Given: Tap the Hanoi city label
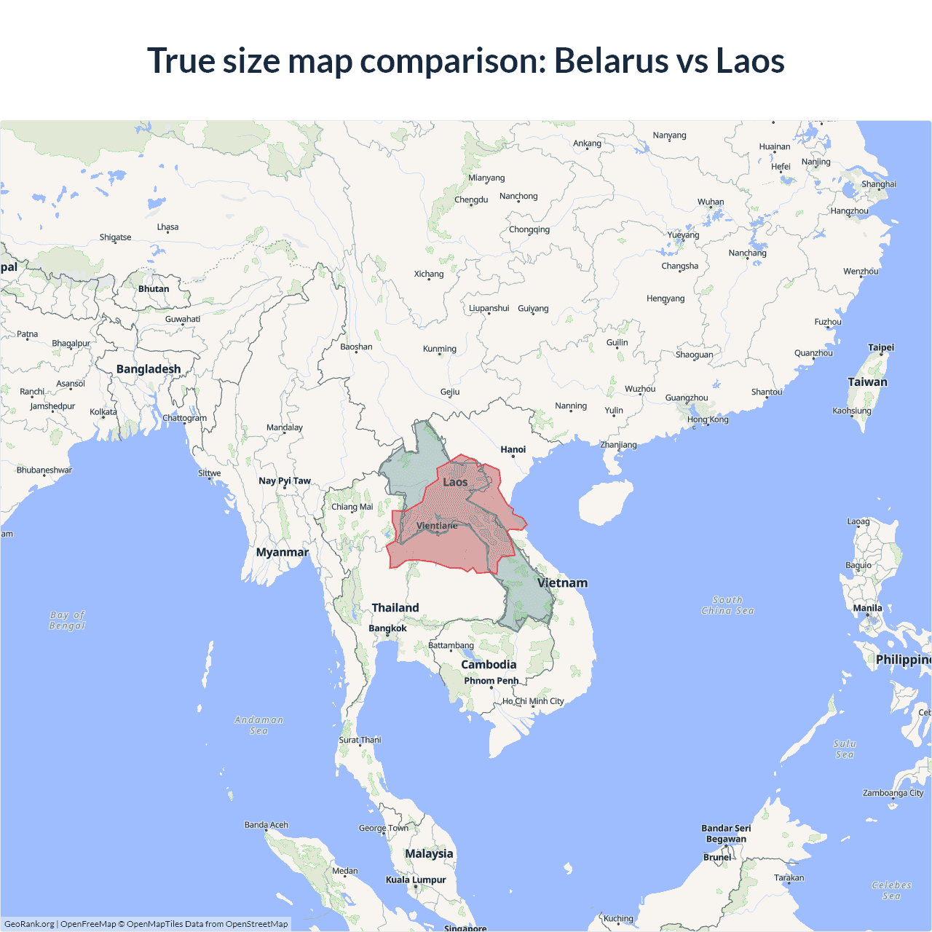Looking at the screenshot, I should tap(513, 449).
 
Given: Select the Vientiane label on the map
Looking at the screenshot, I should tap(437, 526).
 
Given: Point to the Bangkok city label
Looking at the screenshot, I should tap(387, 628).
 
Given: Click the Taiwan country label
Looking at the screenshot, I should tap(867, 382).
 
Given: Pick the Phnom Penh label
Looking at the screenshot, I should tap(491, 681).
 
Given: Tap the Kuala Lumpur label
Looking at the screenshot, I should tap(416, 880).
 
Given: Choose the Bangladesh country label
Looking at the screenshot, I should tap(149, 369).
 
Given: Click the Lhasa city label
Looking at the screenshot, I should tap(167, 227).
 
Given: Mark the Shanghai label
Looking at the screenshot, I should tap(879, 184).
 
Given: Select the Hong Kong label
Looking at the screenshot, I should tap(707, 419).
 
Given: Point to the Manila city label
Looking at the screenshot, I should tap(867, 608).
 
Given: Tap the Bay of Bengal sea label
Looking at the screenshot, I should tap(67, 620).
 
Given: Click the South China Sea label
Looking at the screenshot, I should tap(727, 606).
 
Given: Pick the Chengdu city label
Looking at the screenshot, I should tap(471, 200).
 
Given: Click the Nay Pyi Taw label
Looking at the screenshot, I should tap(284, 481).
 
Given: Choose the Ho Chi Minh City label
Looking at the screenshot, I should tap(533, 701).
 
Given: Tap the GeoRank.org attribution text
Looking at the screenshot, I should tap(29, 924).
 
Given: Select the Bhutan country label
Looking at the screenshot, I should tap(154, 289).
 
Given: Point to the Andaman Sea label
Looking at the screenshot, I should tap(258, 725).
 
